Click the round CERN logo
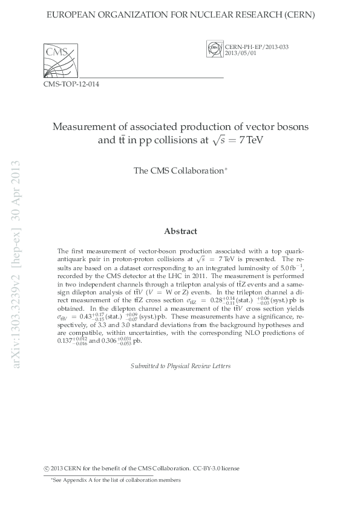pos(213,48)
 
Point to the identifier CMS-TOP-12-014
pos(71,85)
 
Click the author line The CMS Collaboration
pos(180,171)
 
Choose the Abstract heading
pos(180,231)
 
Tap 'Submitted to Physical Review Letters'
pos(180,366)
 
